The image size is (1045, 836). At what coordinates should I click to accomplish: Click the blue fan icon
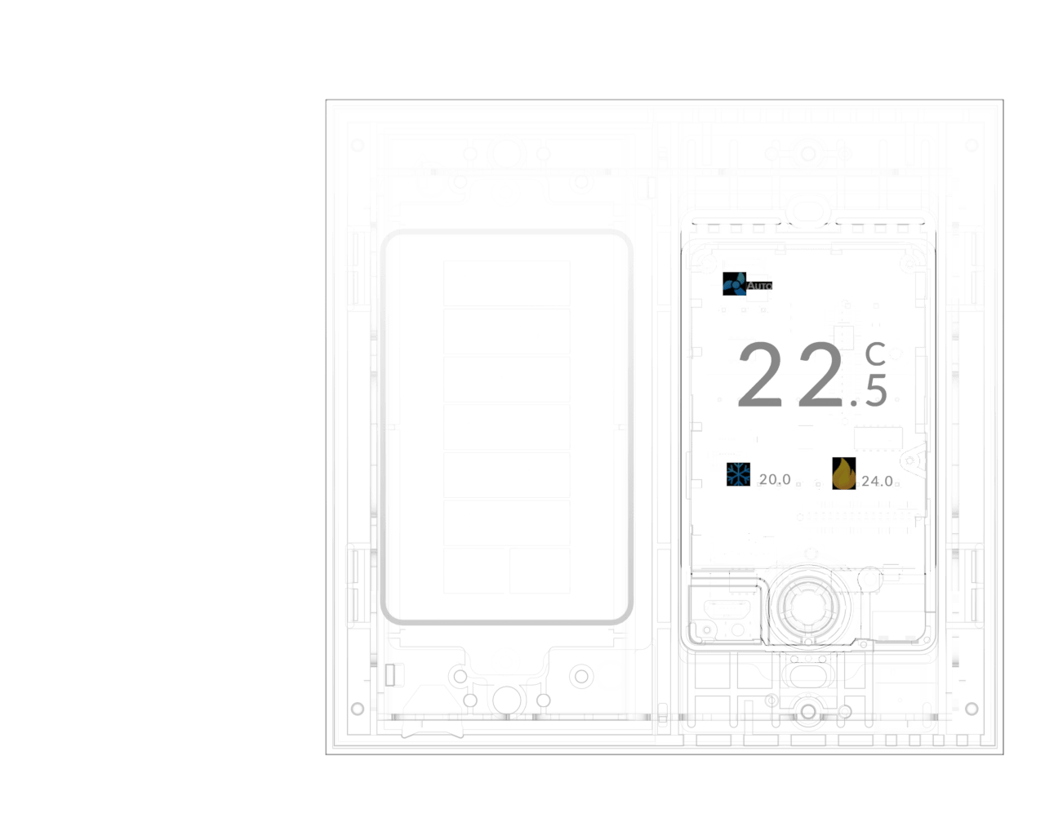pyautogui.click(x=734, y=283)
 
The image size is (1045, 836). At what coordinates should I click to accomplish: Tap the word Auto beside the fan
pyautogui.click(x=759, y=286)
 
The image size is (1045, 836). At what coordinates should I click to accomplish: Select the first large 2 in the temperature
pyautogui.click(x=760, y=375)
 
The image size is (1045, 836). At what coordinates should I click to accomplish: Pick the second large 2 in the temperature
pyautogui.click(x=820, y=375)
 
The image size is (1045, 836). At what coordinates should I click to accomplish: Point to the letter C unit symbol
pyautogui.click(x=875, y=354)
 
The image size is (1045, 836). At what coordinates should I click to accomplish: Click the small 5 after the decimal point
pyautogui.click(x=876, y=390)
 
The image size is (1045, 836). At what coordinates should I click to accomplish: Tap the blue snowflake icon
pyautogui.click(x=738, y=474)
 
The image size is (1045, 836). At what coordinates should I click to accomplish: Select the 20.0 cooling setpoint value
pyautogui.click(x=775, y=479)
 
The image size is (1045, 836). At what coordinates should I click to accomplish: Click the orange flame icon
pyautogui.click(x=844, y=474)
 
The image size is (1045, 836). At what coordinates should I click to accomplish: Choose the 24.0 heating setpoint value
pyautogui.click(x=877, y=482)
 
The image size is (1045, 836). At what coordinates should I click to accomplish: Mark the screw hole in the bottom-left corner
pyautogui.click(x=358, y=709)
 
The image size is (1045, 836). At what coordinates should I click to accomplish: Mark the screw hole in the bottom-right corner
pyautogui.click(x=972, y=709)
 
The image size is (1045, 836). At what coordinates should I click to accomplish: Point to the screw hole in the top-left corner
pyautogui.click(x=358, y=145)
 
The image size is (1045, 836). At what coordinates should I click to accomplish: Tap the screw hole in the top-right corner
pyautogui.click(x=972, y=145)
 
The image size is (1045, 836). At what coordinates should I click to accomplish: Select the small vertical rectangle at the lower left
pyautogui.click(x=390, y=675)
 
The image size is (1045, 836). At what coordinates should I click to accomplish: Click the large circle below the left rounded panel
pyautogui.click(x=506, y=700)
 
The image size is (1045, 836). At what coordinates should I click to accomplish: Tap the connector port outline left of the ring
pyautogui.click(x=727, y=610)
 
